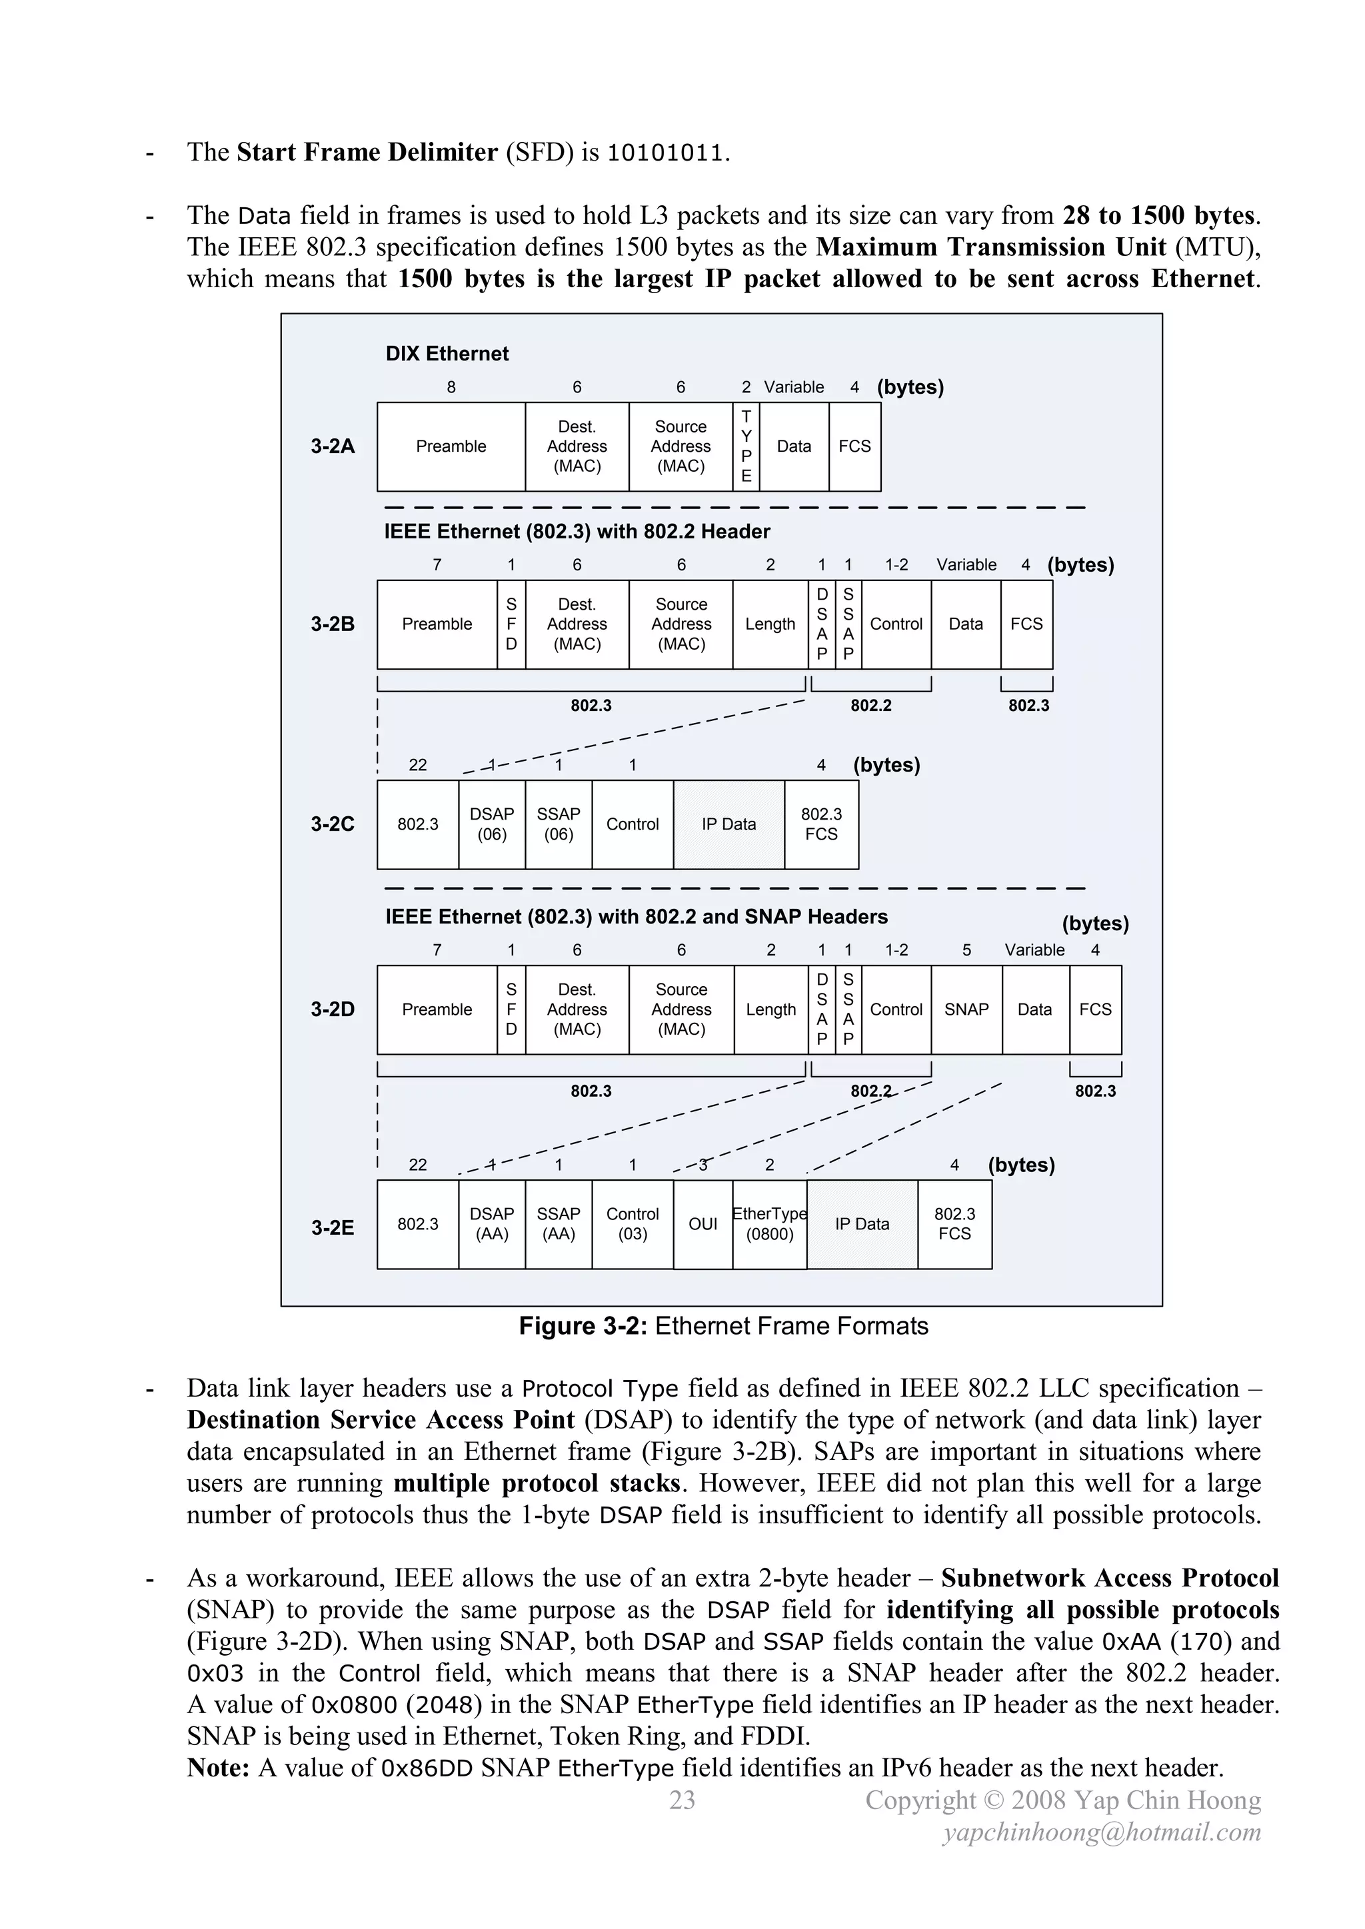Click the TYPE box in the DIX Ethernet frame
click(x=746, y=446)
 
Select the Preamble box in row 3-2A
click(x=451, y=446)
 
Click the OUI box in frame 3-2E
click(x=702, y=1224)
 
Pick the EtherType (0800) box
click(x=769, y=1224)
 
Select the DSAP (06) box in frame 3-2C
click(x=492, y=824)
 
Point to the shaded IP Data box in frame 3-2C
click(x=728, y=824)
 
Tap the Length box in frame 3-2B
click(x=770, y=624)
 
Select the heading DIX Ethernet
click(x=447, y=354)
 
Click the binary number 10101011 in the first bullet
click(x=664, y=153)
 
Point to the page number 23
click(x=682, y=1800)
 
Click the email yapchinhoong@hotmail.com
click(x=1102, y=1832)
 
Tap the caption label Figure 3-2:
click(x=583, y=1326)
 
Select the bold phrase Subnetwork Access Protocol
click(x=1110, y=1578)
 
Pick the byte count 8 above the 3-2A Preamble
click(x=451, y=387)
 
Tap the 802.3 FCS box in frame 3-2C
click(x=821, y=824)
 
